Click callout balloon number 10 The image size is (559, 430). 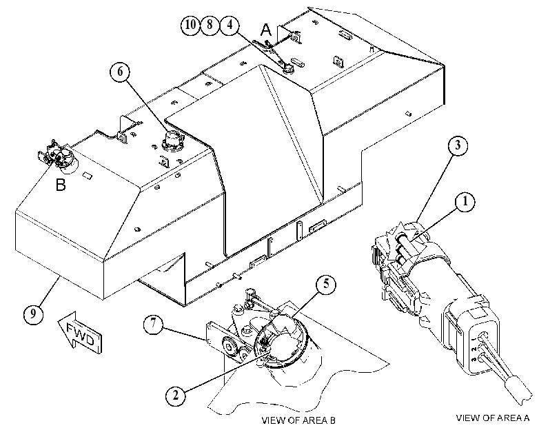[190, 25]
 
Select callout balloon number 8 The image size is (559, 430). [210, 25]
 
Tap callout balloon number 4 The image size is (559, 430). [230, 25]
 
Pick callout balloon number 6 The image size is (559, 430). [120, 72]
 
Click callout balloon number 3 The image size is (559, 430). [458, 145]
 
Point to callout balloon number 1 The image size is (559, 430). [465, 202]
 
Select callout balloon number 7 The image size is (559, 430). [153, 324]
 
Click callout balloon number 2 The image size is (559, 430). [175, 396]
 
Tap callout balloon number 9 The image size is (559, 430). [34, 314]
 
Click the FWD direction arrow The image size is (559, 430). [80, 333]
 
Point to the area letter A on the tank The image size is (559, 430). [266, 30]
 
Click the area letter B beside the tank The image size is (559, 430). [61, 185]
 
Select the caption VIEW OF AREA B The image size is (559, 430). [298, 420]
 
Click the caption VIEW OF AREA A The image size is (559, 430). [493, 418]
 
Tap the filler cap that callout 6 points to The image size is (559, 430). [172, 140]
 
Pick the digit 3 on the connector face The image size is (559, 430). [474, 360]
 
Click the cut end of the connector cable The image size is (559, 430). [520, 391]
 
